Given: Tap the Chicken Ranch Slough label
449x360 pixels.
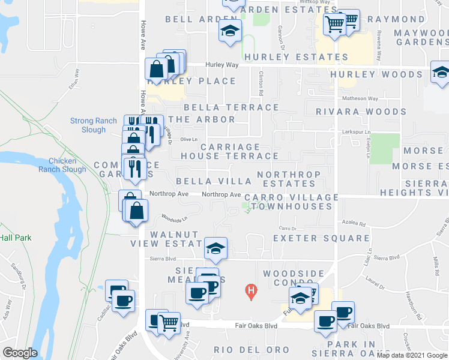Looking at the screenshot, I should pyautogui.click(x=62, y=165).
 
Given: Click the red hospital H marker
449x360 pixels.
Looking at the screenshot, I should pyautogui.click(x=252, y=292).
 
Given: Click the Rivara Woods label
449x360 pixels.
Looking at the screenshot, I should pyautogui.click(x=361, y=112).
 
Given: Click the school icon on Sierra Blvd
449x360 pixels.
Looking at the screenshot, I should pyautogui.click(x=215, y=248).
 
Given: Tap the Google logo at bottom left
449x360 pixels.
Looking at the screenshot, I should pyautogui.click(x=19, y=353).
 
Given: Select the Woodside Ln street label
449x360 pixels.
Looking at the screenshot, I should pyautogui.click(x=173, y=218).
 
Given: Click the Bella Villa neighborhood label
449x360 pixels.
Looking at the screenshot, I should pyautogui.click(x=214, y=181).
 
